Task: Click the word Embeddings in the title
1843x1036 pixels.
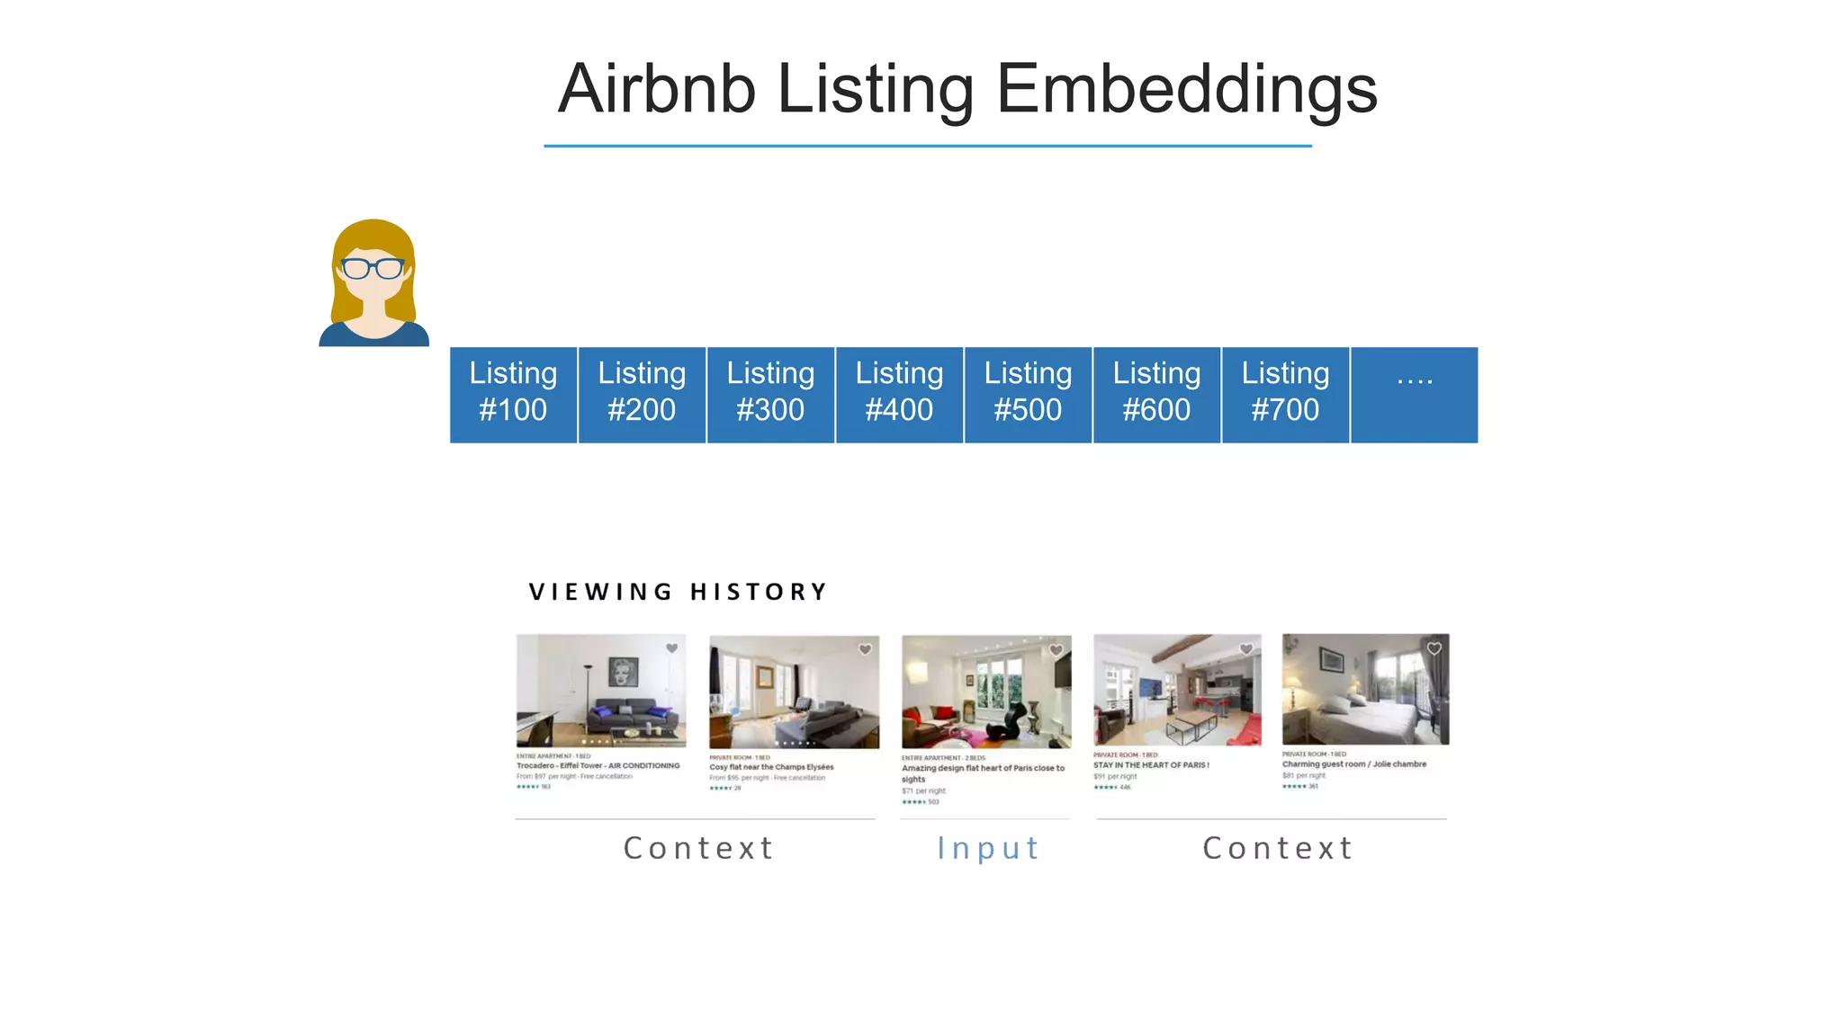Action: click(1186, 89)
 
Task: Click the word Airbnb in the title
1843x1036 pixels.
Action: click(656, 89)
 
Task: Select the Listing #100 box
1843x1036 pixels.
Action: click(513, 394)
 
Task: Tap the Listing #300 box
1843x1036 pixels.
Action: click(770, 394)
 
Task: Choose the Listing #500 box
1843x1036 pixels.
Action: click(1028, 394)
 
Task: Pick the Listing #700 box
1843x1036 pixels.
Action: click(1285, 394)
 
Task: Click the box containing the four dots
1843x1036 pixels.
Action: click(1414, 394)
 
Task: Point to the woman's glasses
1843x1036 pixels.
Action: click(373, 268)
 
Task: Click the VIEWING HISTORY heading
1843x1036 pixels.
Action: click(678, 592)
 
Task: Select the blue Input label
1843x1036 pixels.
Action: click(988, 848)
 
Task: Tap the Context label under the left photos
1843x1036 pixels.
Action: click(698, 848)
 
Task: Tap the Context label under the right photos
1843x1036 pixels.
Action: click(1278, 848)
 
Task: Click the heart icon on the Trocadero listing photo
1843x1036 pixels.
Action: click(671, 648)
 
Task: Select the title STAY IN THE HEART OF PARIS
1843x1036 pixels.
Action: click(1151, 765)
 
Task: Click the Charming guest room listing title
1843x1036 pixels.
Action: click(1353, 764)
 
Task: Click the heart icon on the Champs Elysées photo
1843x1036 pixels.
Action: click(865, 649)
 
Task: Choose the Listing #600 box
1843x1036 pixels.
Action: click(1156, 394)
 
